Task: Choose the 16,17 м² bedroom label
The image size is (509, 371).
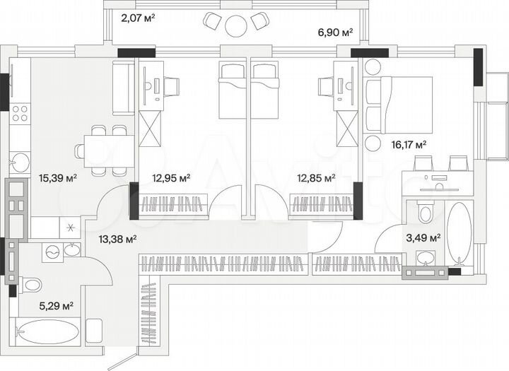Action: click(x=409, y=144)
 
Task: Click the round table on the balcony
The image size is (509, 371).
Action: click(x=235, y=25)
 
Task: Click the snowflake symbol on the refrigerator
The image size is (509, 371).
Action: click(x=70, y=227)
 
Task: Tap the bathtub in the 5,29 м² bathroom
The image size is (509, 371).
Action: click(x=47, y=331)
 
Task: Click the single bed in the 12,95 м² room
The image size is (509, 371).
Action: click(x=230, y=92)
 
